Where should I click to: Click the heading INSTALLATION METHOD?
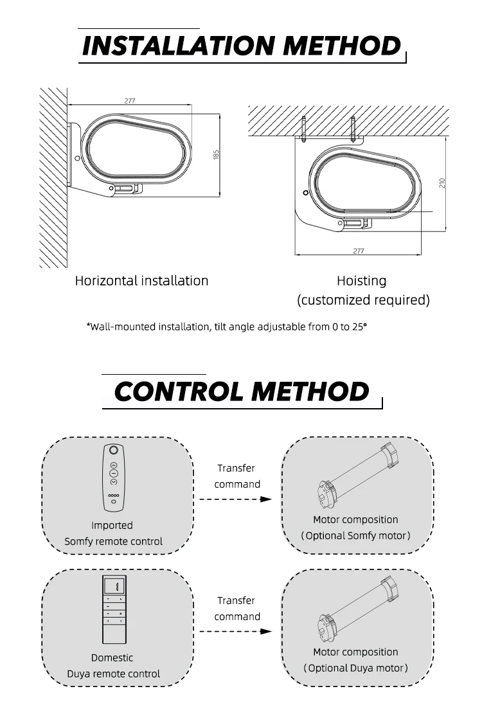coord(242,46)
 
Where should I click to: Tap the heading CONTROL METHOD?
coord(242,391)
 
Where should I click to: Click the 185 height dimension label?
coord(217,154)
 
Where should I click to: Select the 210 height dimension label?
coord(443,184)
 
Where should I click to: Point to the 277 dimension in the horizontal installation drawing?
coord(130,100)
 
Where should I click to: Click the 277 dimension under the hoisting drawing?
coord(358,251)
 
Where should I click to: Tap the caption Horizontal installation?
coord(142,281)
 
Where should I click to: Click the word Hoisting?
coord(362,281)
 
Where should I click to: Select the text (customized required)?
coord(363,300)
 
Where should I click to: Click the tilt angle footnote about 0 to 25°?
coord(227,327)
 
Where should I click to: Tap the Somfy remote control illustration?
coord(114,477)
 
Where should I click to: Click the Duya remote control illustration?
coord(114,610)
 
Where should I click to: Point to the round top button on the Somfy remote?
coord(114,451)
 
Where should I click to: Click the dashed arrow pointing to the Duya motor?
coord(235,632)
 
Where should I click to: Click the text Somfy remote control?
coord(114,541)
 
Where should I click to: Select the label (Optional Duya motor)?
coord(355,668)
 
